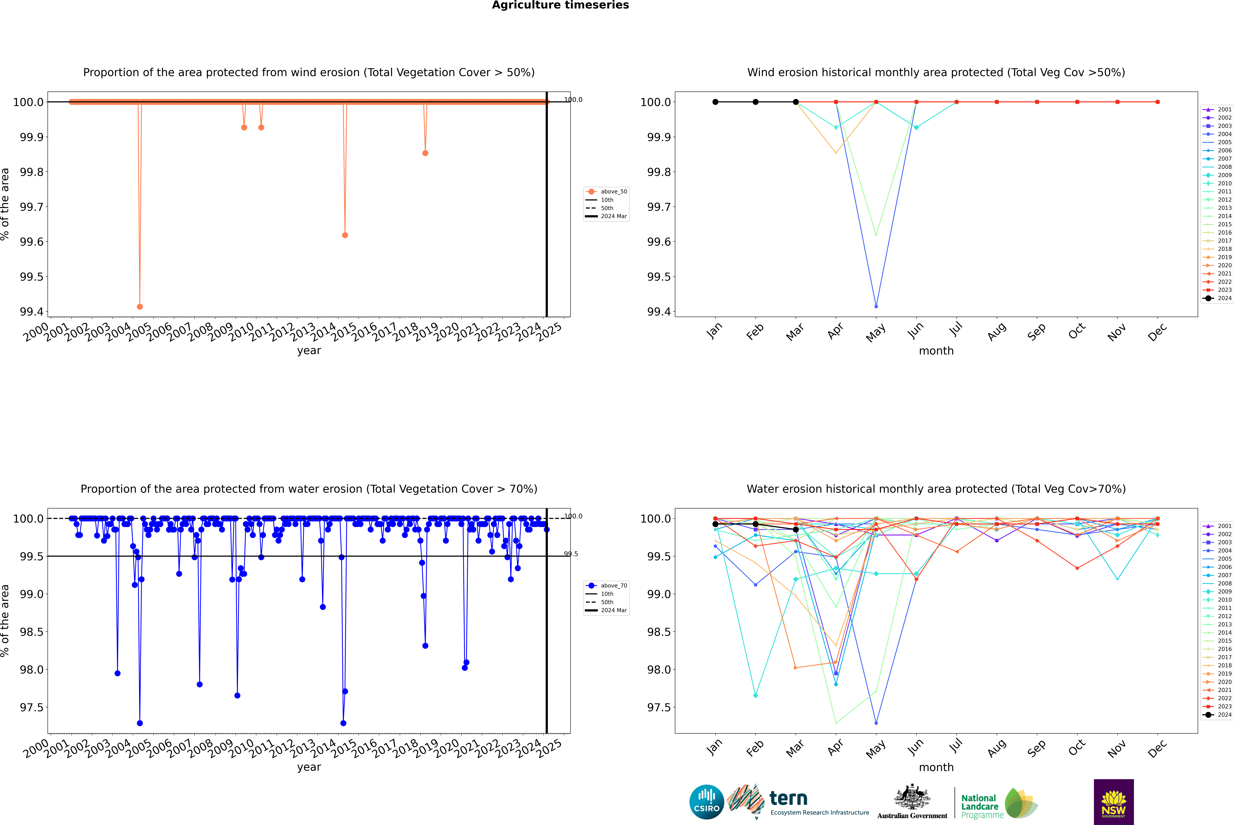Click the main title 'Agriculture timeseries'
[x=560, y=5]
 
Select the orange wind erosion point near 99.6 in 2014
[x=345, y=235]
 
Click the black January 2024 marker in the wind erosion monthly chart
[x=715, y=102]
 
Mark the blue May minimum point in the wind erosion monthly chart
[x=876, y=306]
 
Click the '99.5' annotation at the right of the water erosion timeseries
[x=571, y=554]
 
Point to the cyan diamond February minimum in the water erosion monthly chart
[x=755, y=696]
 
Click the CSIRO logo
[x=706, y=802]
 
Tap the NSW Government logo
[x=1114, y=802]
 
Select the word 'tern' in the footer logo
[x=788, y=799]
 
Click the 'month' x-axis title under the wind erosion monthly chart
[x=936, y=351]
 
